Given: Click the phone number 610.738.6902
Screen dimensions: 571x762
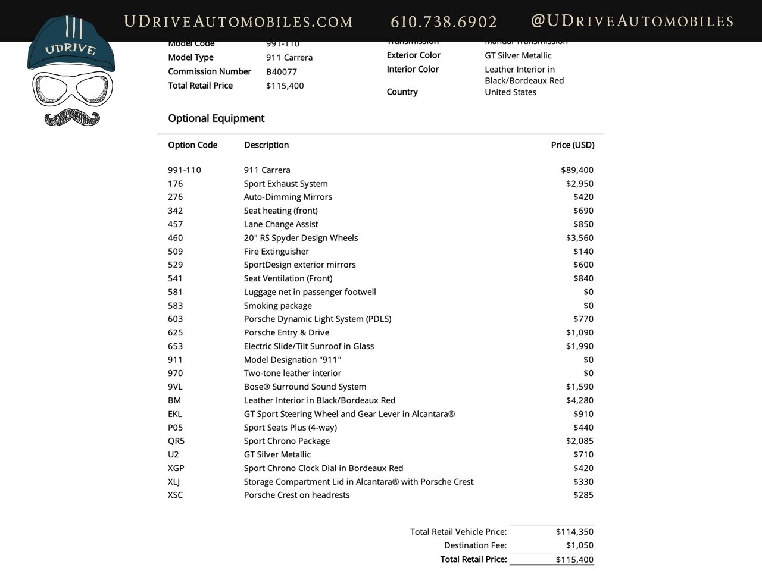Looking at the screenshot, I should pyautogui.click(x=444, y=22).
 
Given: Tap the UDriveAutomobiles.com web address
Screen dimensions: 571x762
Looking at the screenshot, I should pyautogui.click(x=238, y=22).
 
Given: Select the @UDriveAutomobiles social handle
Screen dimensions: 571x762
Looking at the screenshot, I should pyautogui.click(x=632, y=21).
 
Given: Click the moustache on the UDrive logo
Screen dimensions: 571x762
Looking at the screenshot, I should pyautogui.click(x=72, y=117).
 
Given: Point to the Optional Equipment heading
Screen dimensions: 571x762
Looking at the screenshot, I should pyautogui.click(x=216, y=118).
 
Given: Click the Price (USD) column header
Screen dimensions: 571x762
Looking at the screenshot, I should pyautogui.click(x=572, y=145).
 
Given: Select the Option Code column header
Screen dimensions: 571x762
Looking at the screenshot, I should pyautogui.click(x=192, y=145).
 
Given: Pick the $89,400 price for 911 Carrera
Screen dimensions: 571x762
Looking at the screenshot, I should pyautogui.click(x=577, y=170).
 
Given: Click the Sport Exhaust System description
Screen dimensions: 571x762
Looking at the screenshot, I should pyautogui.click(x=286, y=184).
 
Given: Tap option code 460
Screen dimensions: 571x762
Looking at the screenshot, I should pyautogui.click(x=175, y=238).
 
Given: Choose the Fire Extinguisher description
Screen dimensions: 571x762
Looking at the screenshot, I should pyautogui.click(x=276, y=252).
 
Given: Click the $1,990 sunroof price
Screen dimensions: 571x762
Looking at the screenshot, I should pyautogui.click(x=579, y=346).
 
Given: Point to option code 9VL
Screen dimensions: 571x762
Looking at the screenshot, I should pyautogui.click(x=175, y=387).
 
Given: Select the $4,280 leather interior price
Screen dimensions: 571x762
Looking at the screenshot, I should pyautogui.click(x=579, y=400).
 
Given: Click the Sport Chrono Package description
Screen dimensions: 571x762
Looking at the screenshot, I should pyautogui.click(x=286, y=441).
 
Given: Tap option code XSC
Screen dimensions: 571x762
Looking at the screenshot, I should pyautogui.click(x=175, y=495).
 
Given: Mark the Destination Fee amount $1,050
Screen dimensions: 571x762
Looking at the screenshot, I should pyautogui.click(x=579, y=545).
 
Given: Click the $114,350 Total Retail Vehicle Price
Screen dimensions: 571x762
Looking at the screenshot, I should pyautogui.click(x=574, y=532).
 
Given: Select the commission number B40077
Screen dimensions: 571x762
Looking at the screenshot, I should pyautogui.click(x=282, y=72).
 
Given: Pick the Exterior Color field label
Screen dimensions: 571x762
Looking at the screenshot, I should pyautogui.click(x=413, y=55).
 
